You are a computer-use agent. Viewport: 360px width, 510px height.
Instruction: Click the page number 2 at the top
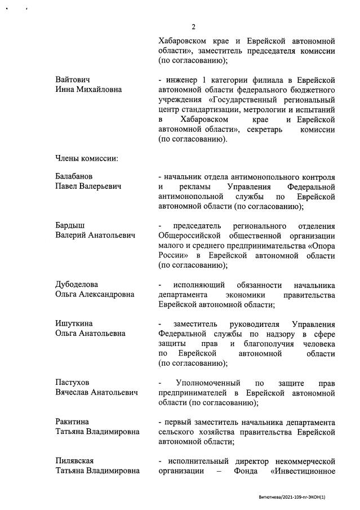click(x=193, y=26)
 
